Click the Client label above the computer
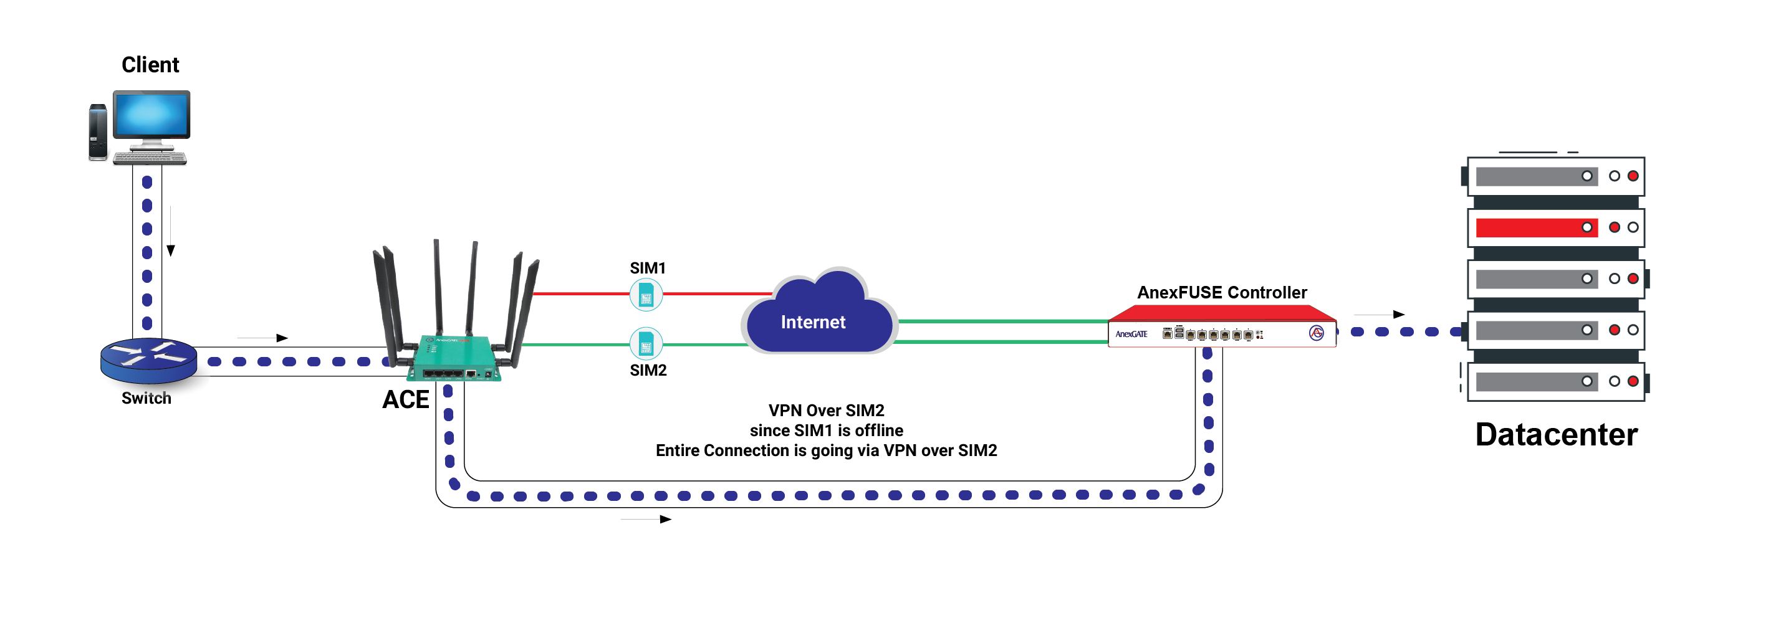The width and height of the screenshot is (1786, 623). point(150,65)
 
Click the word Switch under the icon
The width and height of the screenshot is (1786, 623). point(146,399)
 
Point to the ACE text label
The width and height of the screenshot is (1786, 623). point(406,400)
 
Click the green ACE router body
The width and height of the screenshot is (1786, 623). point(454,357)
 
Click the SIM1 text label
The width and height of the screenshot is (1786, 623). point(647,268)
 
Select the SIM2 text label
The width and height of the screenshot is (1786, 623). point(648,371)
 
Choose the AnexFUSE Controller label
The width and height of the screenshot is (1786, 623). point(1222,292)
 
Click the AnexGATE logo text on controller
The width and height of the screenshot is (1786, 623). point(1131,334)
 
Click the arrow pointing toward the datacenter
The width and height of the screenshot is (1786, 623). point(1379,315)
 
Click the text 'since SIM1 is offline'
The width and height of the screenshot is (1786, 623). point(826,430)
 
